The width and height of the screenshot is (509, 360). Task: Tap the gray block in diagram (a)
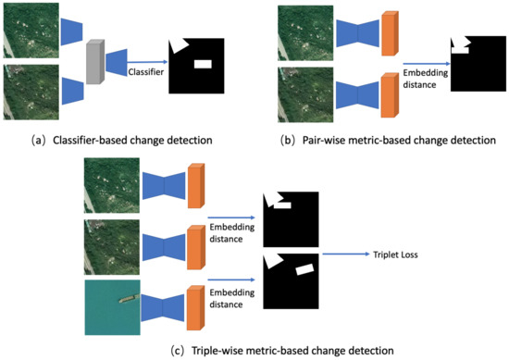(x=93, y=65)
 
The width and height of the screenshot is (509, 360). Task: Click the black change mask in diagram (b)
(x=477, y=68)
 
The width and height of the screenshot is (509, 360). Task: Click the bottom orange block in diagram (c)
(x=194, y=308)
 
